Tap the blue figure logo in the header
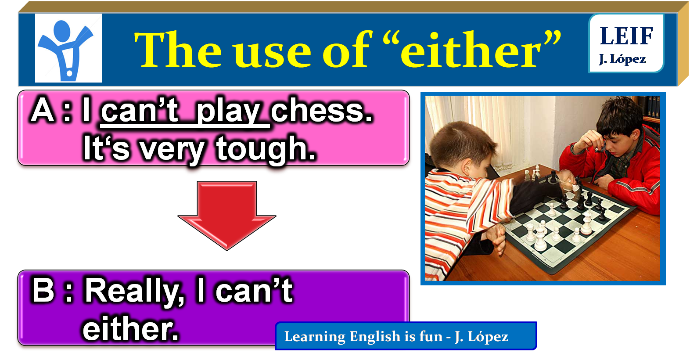point(68,48)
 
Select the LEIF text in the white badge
point(626,36)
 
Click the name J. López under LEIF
point(622,59)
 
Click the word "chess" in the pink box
point(321,111)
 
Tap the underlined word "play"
point(228,112)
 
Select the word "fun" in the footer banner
point(431,336)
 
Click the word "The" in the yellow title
point(178,50)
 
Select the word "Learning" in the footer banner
point(315,337)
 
